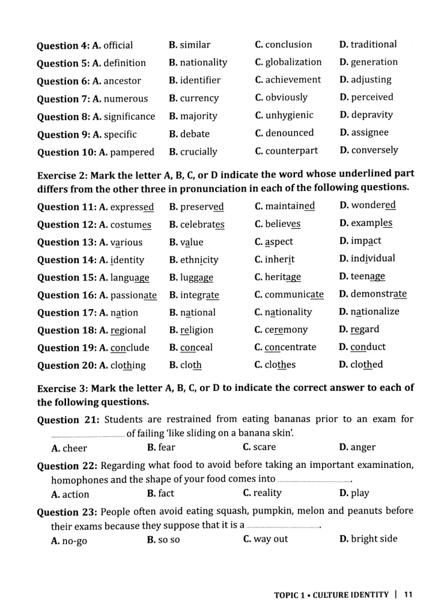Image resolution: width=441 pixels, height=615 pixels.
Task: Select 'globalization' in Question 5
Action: click(293, 62)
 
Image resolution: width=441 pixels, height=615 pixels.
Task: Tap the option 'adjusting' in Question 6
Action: click(371, 79)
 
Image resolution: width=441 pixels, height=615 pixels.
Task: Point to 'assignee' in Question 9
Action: click(370, 132)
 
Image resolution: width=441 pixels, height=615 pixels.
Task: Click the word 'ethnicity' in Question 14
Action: click(199, 260)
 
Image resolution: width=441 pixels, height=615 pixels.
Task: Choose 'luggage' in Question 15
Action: click(196, 277)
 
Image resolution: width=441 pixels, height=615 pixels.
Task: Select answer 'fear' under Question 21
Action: click(166, 447)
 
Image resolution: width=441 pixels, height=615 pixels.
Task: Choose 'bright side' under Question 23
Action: click(374, 539)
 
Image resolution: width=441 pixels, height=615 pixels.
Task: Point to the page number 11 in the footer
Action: click(408, 595)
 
